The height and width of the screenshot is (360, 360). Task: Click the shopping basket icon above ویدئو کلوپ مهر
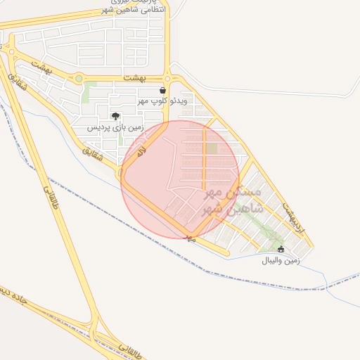tap(163, 91)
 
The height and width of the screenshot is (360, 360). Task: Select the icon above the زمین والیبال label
tap(282, 249)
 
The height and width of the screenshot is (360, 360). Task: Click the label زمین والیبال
tap(281, 260)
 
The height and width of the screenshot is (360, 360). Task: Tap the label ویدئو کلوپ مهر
tap(162, 102)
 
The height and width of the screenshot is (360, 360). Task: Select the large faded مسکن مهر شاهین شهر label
tap(232, 201)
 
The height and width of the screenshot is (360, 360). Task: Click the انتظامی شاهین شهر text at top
tap(139, 9)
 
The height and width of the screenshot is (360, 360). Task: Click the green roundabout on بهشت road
tap(79, 79)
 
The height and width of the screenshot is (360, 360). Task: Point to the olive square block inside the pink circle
tap(212, 149)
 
